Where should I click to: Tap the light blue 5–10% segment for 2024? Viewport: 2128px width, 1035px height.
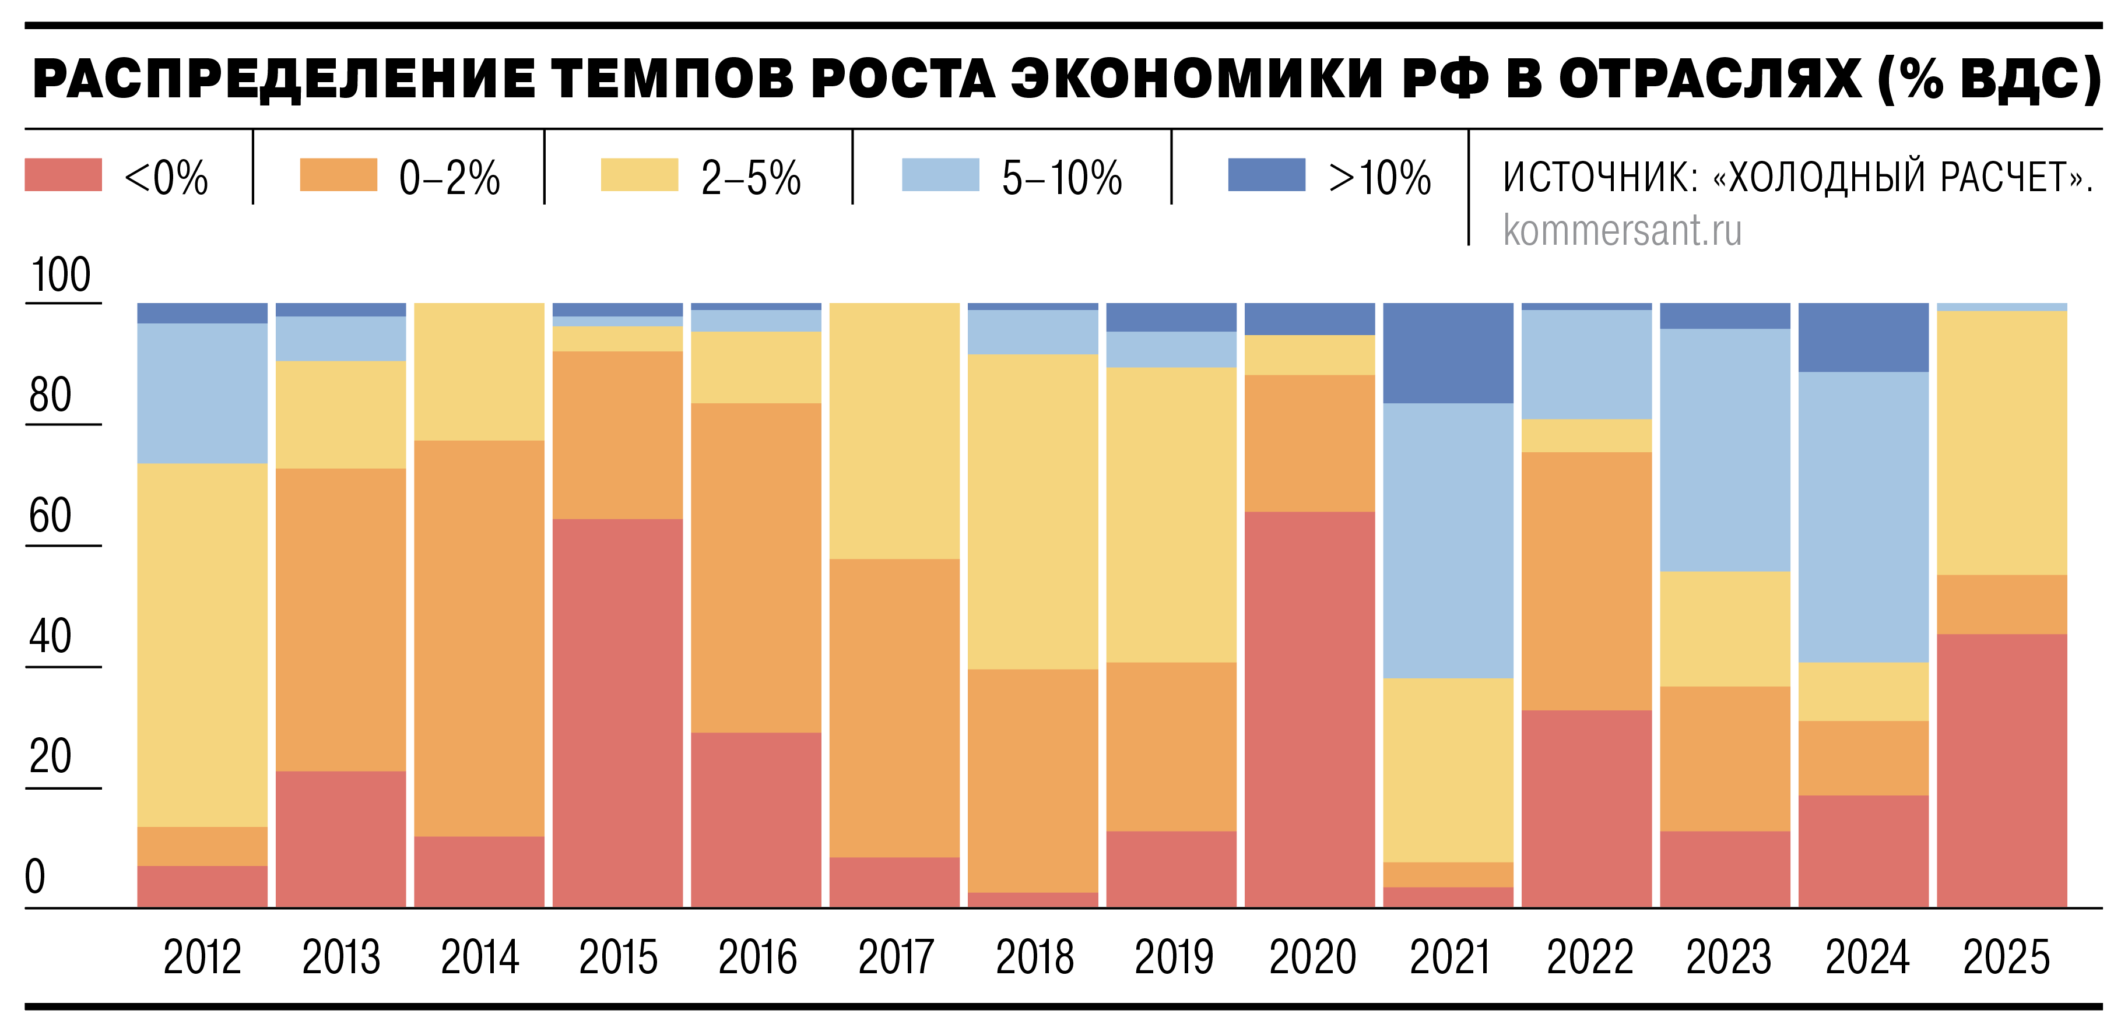[x=1864, y=516]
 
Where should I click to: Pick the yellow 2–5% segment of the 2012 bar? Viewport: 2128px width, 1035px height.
[x=202, y=645]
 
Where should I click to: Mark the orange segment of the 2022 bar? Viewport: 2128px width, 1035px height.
[x=1586, y=580]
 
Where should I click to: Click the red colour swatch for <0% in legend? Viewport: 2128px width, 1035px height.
[x=64, y=175]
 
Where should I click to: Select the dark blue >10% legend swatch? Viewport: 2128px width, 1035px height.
[x=1266, y=175]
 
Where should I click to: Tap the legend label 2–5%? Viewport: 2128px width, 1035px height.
[x=751, y=178]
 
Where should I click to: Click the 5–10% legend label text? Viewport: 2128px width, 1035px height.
[x=1062, y=178]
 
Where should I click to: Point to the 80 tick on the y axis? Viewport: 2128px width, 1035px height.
[x=50, y=395]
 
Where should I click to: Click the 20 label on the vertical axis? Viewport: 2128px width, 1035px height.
[x=50, y=756]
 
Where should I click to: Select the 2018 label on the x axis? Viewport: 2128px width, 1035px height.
[x=1034, y=957]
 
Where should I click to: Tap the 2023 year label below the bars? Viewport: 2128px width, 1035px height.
[x=1728, y=957]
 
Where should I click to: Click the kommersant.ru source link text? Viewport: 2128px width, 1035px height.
[x=1621, y=230]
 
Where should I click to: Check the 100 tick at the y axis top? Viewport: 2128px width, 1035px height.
[x=61, y=275]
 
